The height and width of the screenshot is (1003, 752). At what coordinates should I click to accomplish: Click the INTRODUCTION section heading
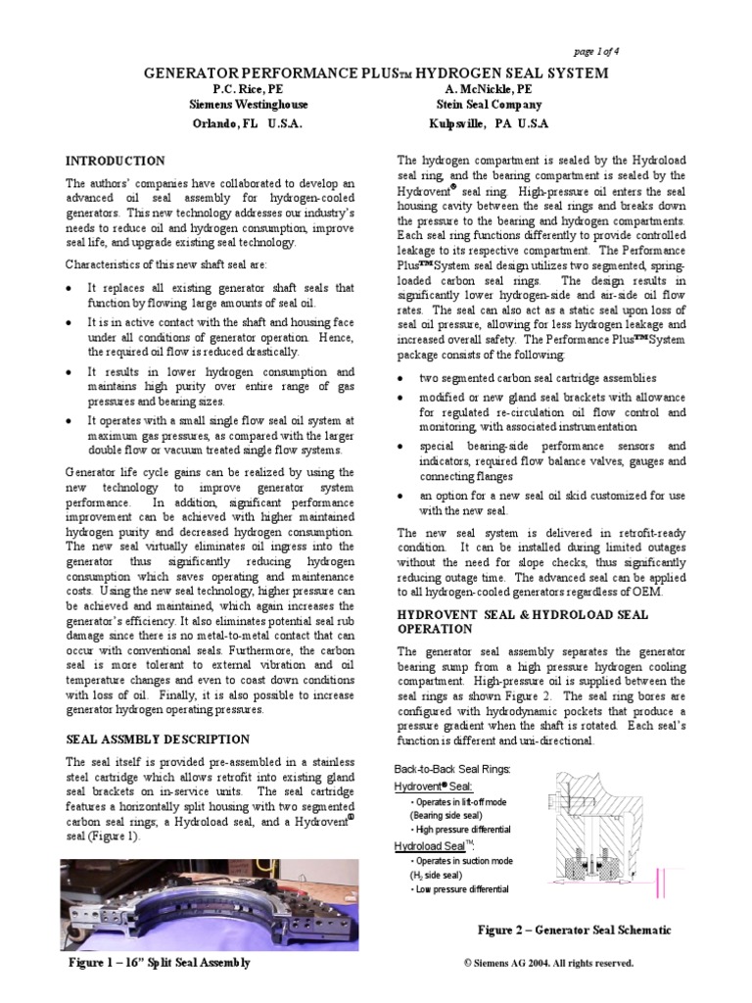[x=115, y=161]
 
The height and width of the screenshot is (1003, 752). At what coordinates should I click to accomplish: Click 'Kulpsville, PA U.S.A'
[x=489, y=124]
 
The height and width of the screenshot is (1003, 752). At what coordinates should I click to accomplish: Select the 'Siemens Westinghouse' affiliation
[x=248, y=105]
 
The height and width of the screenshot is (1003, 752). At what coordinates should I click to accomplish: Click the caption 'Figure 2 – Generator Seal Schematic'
[x=574, y=929]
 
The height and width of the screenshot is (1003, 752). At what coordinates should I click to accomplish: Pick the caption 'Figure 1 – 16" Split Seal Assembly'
[x=159, y=962]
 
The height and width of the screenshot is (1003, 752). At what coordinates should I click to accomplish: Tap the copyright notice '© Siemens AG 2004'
[x=548, y=963]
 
